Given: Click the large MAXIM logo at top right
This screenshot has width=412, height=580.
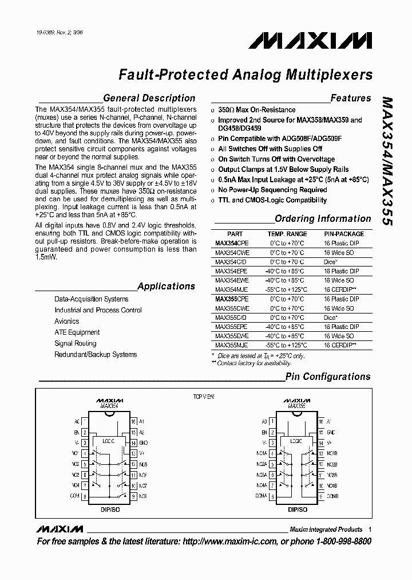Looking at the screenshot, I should [x=311, y=41].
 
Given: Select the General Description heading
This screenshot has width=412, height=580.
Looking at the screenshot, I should [x=149, y=98].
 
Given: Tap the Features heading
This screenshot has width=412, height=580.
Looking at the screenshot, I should [x=350, y=98].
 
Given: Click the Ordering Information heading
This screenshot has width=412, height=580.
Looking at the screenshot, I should [x=323, y=218].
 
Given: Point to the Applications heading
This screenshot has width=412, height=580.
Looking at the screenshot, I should [x=166, y=286].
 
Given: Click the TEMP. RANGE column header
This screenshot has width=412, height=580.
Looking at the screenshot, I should [x=287, y=234].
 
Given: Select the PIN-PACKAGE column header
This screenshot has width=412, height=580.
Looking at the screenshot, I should [x=344, y=234].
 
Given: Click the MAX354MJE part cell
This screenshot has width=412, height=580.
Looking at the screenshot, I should [x=232, y=290].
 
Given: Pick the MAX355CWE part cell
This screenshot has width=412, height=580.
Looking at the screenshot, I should [x=232, y=308].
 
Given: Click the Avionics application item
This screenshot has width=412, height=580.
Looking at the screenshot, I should [x=67, y=321].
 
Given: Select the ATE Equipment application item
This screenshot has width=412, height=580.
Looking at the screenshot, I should [x=77, y=332].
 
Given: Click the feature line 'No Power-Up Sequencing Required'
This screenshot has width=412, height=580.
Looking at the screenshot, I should [x=272, y=190].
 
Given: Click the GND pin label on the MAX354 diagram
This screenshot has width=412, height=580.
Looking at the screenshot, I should [x=143, y=443].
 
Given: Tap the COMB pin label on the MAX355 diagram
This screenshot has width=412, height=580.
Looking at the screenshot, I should [x=333, y=495].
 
